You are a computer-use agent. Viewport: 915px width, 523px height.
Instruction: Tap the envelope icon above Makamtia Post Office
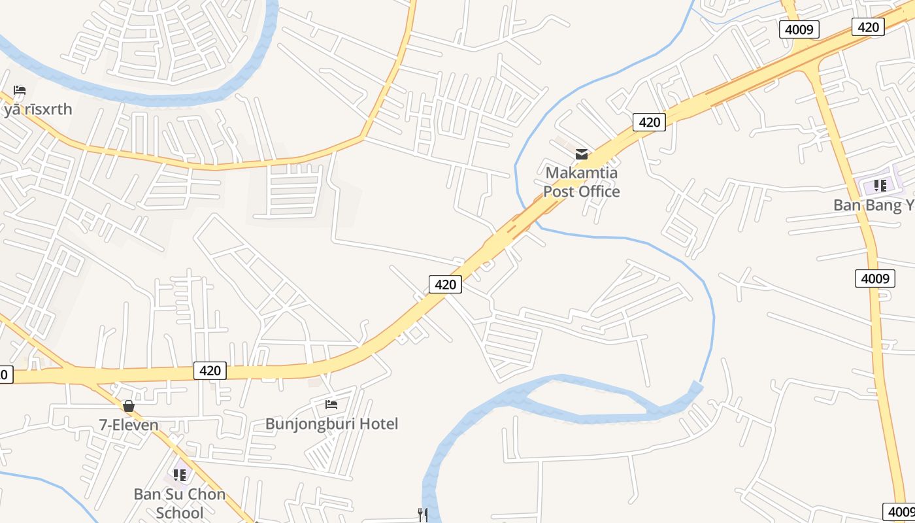point(581,154)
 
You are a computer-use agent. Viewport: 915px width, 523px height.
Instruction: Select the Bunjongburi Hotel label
point(331,424)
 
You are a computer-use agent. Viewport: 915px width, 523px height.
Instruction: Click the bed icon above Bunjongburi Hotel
point(331,405)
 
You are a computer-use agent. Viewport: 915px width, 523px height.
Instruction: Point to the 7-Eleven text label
point(129,425)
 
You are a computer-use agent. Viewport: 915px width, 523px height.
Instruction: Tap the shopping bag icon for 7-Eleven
point(129,407)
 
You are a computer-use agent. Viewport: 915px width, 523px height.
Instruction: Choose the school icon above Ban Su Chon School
point(180,475)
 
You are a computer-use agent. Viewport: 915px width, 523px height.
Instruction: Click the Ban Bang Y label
point(874,205)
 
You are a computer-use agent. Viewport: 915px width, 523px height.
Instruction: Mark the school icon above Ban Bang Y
point(880,186)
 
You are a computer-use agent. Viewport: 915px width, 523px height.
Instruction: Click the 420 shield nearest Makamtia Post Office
point(649,122)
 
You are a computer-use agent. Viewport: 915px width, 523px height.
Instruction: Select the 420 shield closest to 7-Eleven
point(210,371)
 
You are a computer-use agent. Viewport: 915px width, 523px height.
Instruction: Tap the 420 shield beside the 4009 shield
point(868,27)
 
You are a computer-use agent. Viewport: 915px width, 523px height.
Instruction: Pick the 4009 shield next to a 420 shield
point(799,29)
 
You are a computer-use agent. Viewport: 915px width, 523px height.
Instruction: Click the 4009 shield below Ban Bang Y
point(875,279)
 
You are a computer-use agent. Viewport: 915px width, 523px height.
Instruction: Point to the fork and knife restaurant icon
point(423,515)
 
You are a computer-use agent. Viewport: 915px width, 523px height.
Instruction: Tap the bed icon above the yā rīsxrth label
point(20,90)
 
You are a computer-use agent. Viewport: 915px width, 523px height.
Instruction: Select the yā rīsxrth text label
point(37,109)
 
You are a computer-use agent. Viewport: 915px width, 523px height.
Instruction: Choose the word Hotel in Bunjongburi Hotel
point(377,424)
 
